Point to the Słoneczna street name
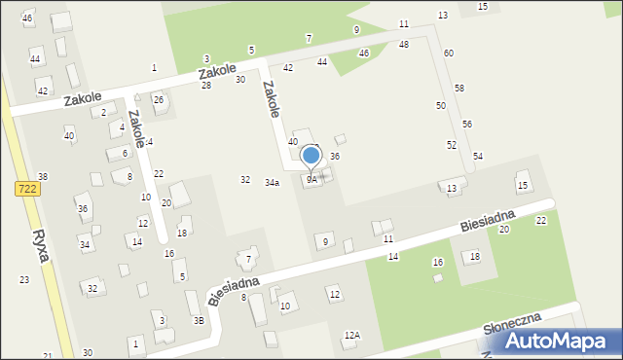(513, 323)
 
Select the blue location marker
(311, 156)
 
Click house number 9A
(311, 180)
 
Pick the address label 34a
(273, 183)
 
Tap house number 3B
(199, 320)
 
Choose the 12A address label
(351, 335)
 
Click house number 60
(448, 53)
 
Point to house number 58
(459, 89)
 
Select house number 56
(467, 125)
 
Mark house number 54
(478, 157)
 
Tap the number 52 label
(452, 145)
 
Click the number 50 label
(441, 105)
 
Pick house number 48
(404, 45)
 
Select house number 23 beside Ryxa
(24, 280)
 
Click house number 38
(43, 176)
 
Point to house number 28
(206, 86)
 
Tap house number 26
(158, 100)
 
